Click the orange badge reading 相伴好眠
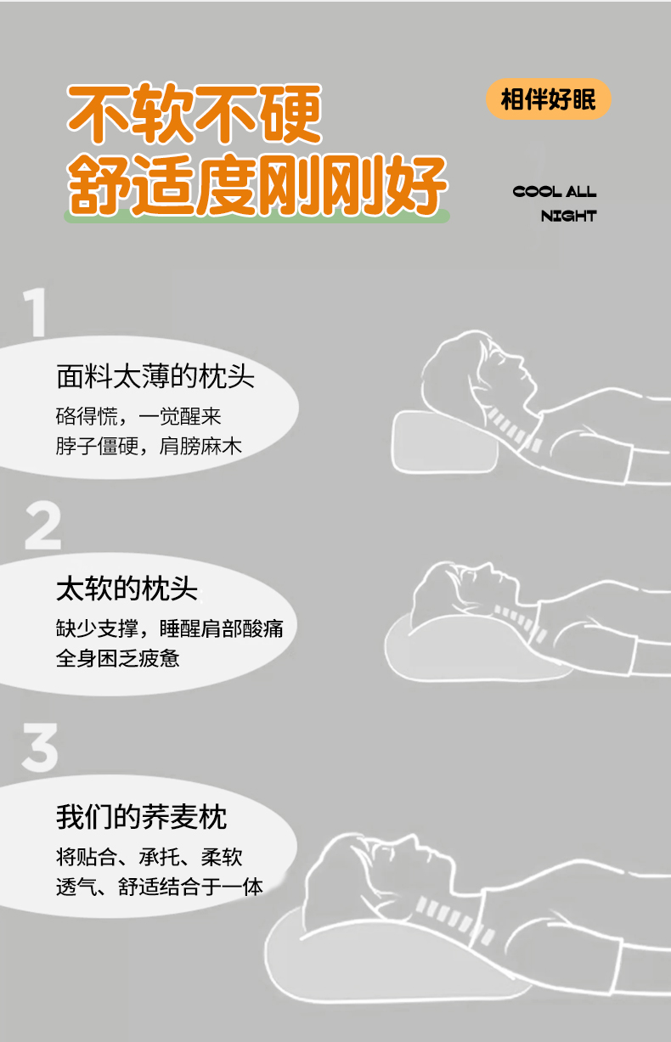548,99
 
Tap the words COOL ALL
554,192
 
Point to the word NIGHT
568,216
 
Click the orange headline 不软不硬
194,114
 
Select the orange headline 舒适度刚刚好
257,185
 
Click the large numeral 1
36,312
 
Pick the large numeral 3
40,747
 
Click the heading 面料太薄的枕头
155,376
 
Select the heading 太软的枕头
127,589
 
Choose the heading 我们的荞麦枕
142,817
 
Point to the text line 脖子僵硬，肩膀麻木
149,446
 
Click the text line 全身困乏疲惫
118,658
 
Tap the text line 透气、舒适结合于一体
160,887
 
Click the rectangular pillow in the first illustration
444,442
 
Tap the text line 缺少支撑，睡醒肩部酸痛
169,628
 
